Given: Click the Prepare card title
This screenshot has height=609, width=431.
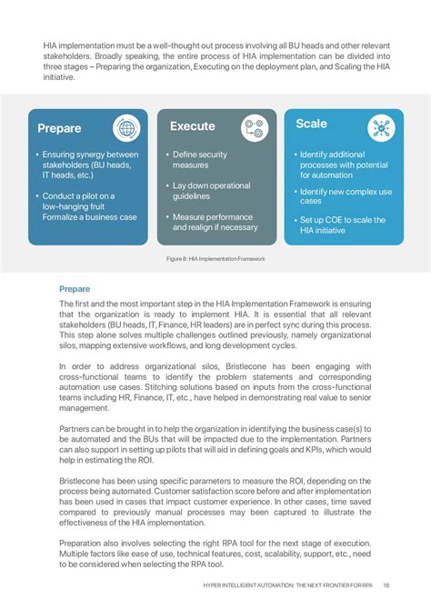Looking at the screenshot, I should [59, 128].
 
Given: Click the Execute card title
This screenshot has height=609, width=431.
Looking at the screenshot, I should [192, 126].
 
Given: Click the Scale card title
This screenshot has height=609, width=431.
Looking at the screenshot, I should [311, 124].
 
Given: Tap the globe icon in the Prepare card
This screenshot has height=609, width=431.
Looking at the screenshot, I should [126, 128].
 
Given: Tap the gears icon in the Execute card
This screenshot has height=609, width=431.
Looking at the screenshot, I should [255, 128].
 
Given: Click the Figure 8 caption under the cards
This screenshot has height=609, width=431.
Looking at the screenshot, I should [215, 259].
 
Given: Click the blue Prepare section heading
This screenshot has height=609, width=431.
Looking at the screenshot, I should [75, 288].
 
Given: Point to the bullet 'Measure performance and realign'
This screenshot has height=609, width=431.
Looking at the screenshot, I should [215, 222].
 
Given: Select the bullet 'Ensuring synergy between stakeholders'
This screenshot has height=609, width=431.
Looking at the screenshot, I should [89, 165].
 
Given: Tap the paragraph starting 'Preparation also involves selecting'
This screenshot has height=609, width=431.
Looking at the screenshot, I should [215, 553].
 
